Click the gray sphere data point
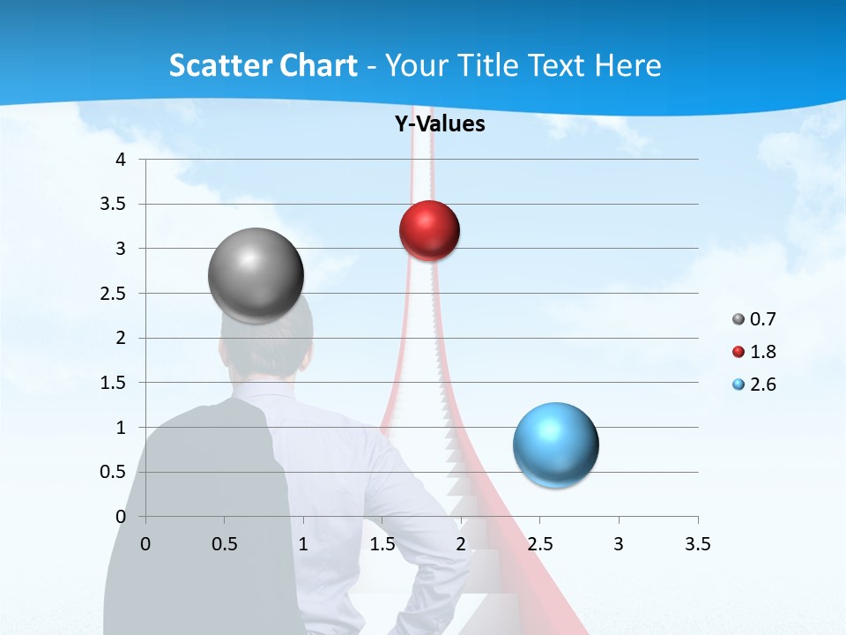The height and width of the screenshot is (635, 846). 256,275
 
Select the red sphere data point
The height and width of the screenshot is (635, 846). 429,231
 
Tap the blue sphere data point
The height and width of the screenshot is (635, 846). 555,444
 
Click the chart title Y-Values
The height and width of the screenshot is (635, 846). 440,124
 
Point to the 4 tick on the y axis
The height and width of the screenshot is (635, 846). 122,160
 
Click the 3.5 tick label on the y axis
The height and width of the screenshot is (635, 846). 115,204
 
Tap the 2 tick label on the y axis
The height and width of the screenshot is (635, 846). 122,338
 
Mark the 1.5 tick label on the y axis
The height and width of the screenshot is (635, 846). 115,383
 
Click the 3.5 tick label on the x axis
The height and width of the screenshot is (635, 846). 697,544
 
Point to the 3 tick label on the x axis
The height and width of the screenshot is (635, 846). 619,544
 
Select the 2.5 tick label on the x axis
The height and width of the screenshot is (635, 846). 539,544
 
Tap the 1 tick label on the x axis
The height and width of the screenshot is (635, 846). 303,544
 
